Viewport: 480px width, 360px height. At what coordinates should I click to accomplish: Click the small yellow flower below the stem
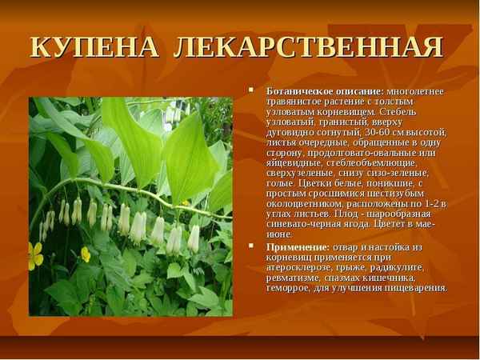pos(86,254)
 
